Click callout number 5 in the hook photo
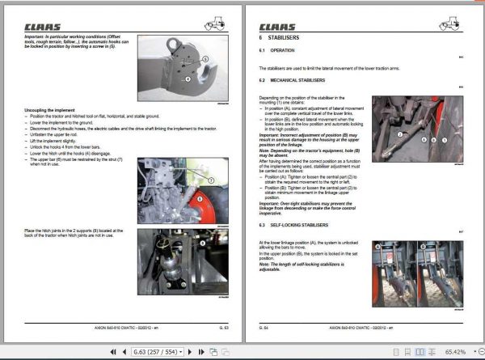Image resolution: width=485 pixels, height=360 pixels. [205, 59]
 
